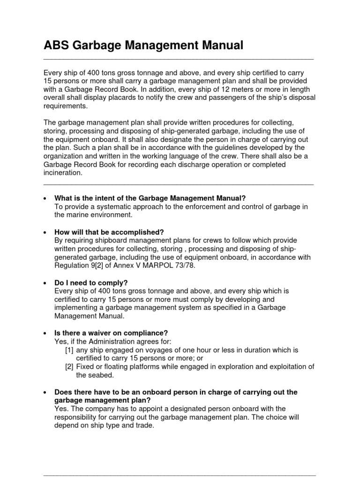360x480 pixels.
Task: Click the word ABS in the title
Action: click(57, 46)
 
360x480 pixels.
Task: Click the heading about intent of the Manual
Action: click(150, 198)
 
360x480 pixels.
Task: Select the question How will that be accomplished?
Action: click(109, 232)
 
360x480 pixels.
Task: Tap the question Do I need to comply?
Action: click(91, 283)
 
